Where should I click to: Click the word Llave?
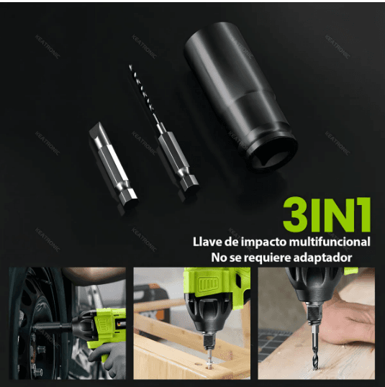point(208,242)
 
